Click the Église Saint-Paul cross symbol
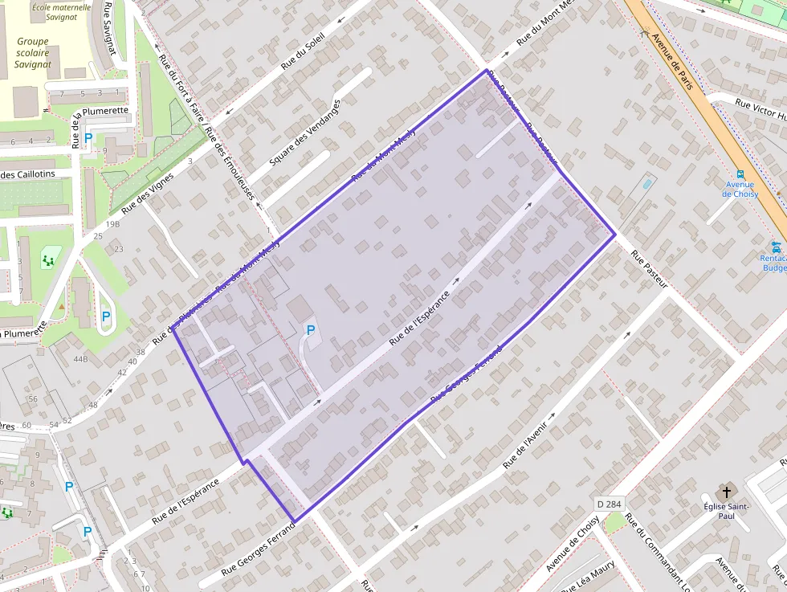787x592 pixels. click(x=727, y=490)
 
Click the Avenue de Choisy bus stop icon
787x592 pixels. click(x=740, y=174)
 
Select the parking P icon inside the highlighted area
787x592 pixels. click(x=310, y=330)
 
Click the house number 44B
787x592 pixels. click(x=80, y=358)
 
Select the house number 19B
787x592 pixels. click(x=112, y=224)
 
